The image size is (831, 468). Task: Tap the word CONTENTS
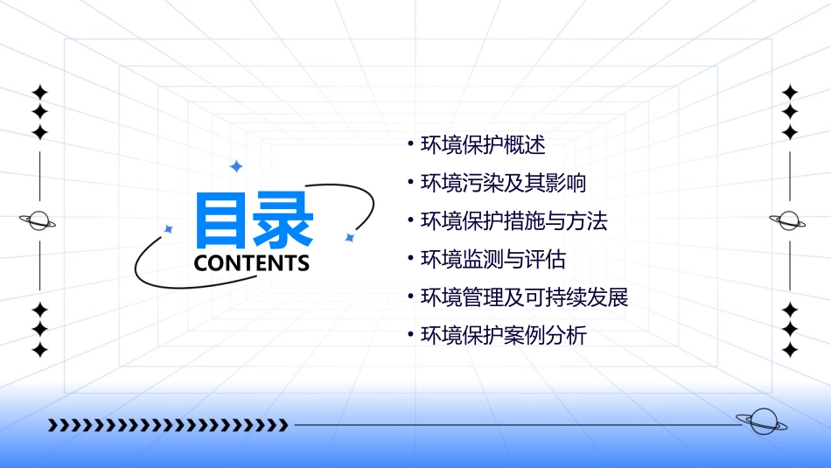click(251, 263)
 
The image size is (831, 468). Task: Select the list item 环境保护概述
click(483, 145)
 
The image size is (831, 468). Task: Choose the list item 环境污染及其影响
click(503, 184)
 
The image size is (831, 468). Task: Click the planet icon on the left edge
click(38, 221)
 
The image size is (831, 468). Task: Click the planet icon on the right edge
click(789, 221)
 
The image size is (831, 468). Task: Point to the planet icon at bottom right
click(762, 423)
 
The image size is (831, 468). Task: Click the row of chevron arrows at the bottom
click(168, 425)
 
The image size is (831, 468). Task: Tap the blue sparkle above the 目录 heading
click(235, 166)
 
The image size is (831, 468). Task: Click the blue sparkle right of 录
click(349, 237)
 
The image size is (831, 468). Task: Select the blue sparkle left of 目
click(169, 229)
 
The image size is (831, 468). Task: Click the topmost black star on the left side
click(39, 92)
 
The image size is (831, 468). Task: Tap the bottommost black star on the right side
click(790, 350)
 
